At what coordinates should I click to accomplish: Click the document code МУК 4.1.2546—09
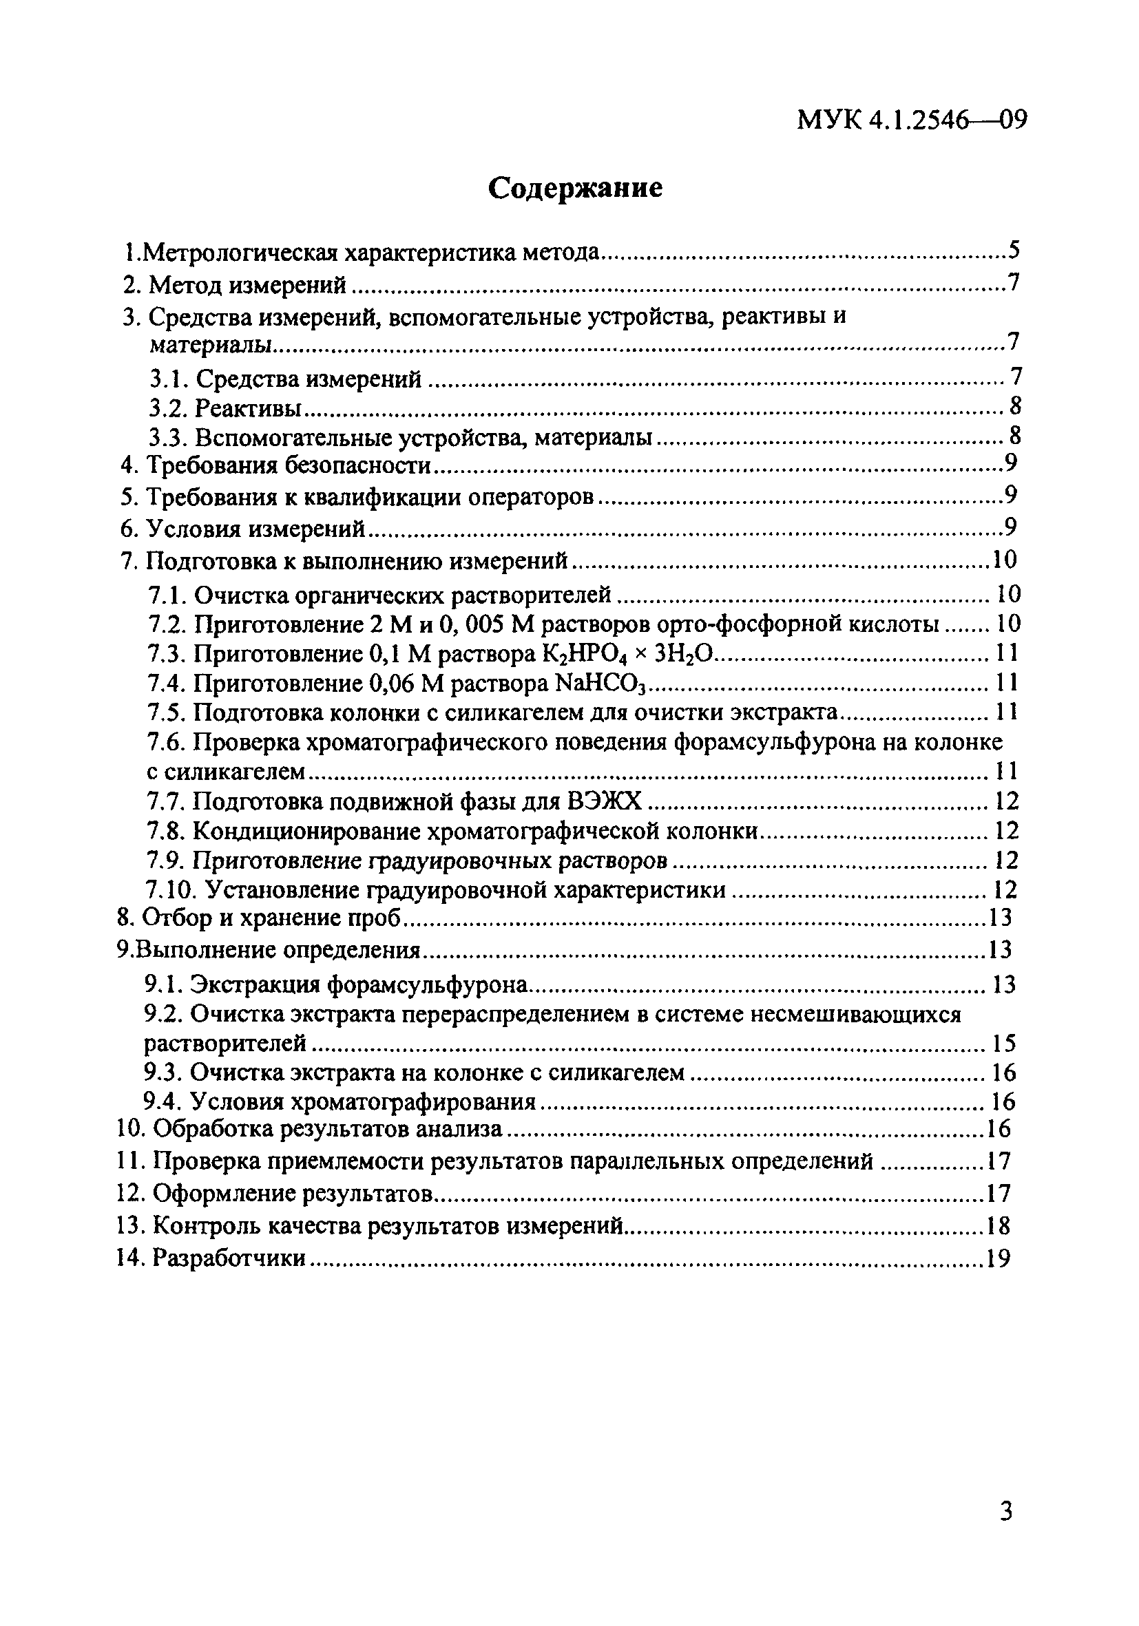pyautogui.click(x=912, y=120)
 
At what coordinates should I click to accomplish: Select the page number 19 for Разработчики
pyautogui.click(x=996, y=1258)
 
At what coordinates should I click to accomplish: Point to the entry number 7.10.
pyautogui.click(x=167, y=889)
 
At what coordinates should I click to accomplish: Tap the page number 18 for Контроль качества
pyautogui.click(x=996, y=1225)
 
